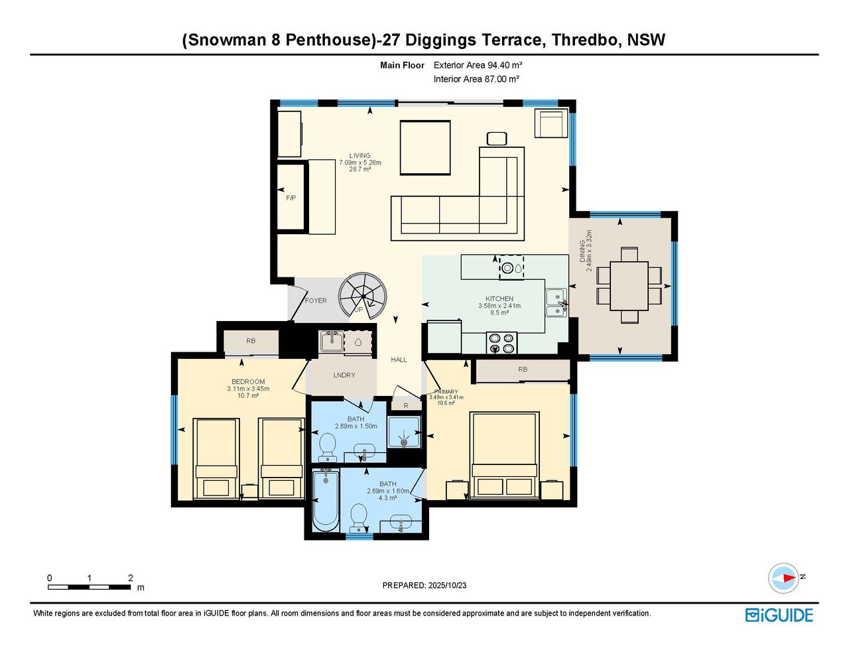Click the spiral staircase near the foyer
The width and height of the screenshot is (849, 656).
tap(363, 297)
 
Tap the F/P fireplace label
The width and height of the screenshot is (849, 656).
tap(291, 198)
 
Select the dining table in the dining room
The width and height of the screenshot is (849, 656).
tap(629, 286)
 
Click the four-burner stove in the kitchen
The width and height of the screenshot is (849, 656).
tap(501, 343)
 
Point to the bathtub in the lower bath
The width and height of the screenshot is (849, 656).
tap(326, 501)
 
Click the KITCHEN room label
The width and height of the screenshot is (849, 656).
tap(499, 299)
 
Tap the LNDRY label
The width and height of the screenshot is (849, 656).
tap(344, 375)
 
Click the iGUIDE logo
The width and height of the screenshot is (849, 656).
tap(779, 616)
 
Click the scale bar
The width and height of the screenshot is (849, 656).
tap(90, 587)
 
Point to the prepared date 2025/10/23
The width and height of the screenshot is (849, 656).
tap(447, 585)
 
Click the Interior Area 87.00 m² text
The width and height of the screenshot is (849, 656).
tap(476, 79)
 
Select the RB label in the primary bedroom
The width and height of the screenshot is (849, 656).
tap(523, 369)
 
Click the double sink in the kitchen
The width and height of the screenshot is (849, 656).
tap(556, 303)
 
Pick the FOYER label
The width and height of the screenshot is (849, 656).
tap(316, 301)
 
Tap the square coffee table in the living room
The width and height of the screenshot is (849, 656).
tap(425, 148)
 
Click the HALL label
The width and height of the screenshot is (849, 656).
tap(399, 360)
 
